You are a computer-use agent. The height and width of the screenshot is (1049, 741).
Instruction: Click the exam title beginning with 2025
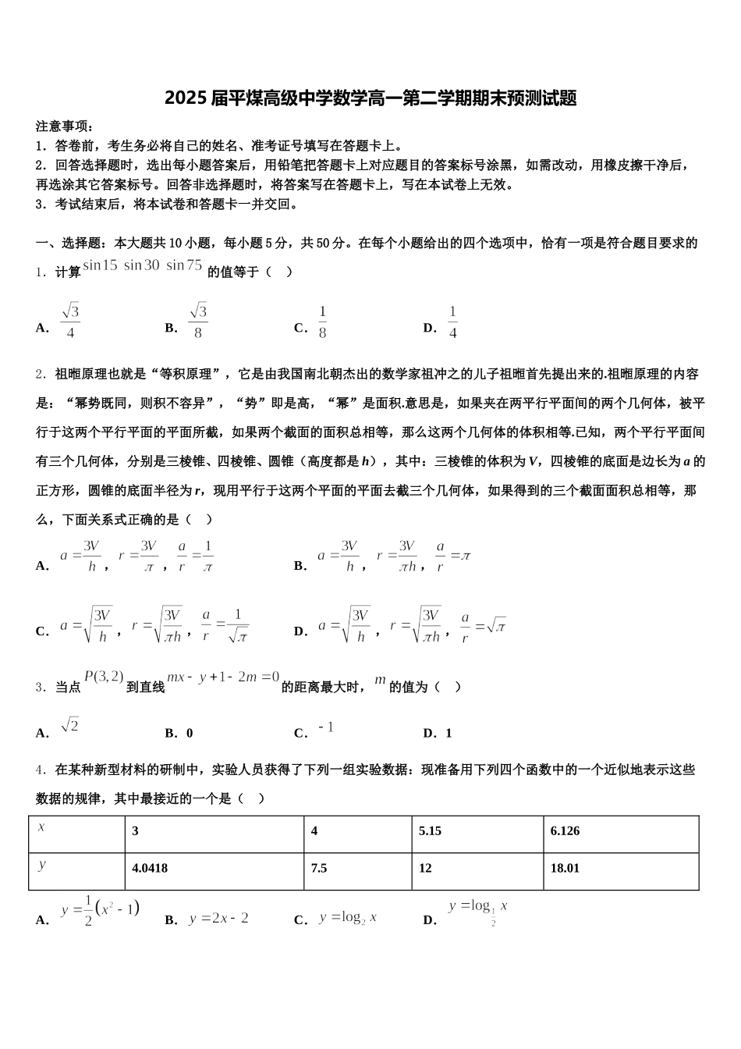370,98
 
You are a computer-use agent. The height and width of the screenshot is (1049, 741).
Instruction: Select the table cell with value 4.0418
151,868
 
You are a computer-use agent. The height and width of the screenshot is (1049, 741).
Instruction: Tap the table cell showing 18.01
565,868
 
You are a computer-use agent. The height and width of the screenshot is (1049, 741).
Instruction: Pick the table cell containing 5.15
430,831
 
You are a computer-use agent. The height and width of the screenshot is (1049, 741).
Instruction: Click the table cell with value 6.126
565,831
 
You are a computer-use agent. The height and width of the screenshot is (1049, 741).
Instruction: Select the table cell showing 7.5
319,868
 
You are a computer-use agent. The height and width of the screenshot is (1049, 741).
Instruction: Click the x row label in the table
41,827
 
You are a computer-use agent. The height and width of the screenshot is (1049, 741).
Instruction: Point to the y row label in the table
41,864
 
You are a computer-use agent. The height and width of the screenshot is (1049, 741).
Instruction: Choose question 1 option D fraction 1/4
452,322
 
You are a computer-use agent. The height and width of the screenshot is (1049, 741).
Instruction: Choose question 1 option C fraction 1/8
322,322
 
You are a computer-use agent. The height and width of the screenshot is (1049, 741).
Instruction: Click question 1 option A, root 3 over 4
70,322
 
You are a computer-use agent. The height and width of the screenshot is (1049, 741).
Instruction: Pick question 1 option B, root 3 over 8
198,322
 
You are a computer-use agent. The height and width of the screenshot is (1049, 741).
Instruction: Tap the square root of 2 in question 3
69,725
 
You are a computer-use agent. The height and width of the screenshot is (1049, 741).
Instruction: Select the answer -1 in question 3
326,727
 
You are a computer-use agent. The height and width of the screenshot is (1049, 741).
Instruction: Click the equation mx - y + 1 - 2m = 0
223,677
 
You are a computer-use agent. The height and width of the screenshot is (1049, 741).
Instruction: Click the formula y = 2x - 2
218,919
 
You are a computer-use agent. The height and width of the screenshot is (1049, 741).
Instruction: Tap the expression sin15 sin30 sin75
143,265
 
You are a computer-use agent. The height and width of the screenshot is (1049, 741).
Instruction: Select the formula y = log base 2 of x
348,918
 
